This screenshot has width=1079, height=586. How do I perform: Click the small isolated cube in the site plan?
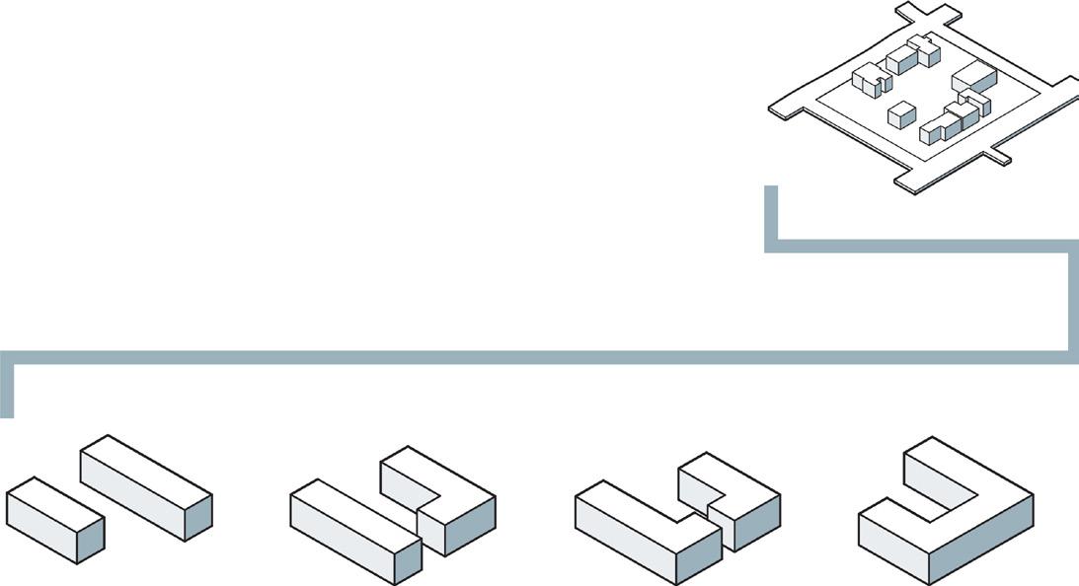click(901, 115)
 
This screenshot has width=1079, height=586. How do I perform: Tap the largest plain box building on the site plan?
click(974, 76)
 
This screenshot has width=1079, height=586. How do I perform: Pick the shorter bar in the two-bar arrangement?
click(54, 518)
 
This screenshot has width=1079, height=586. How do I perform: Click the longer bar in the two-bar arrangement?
click(144, 485)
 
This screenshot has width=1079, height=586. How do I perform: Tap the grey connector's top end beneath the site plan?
click(771, 192)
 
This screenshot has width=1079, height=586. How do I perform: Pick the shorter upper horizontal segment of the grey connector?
click(918, 246)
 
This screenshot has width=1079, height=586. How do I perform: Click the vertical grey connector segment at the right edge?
click(1071, 301)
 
